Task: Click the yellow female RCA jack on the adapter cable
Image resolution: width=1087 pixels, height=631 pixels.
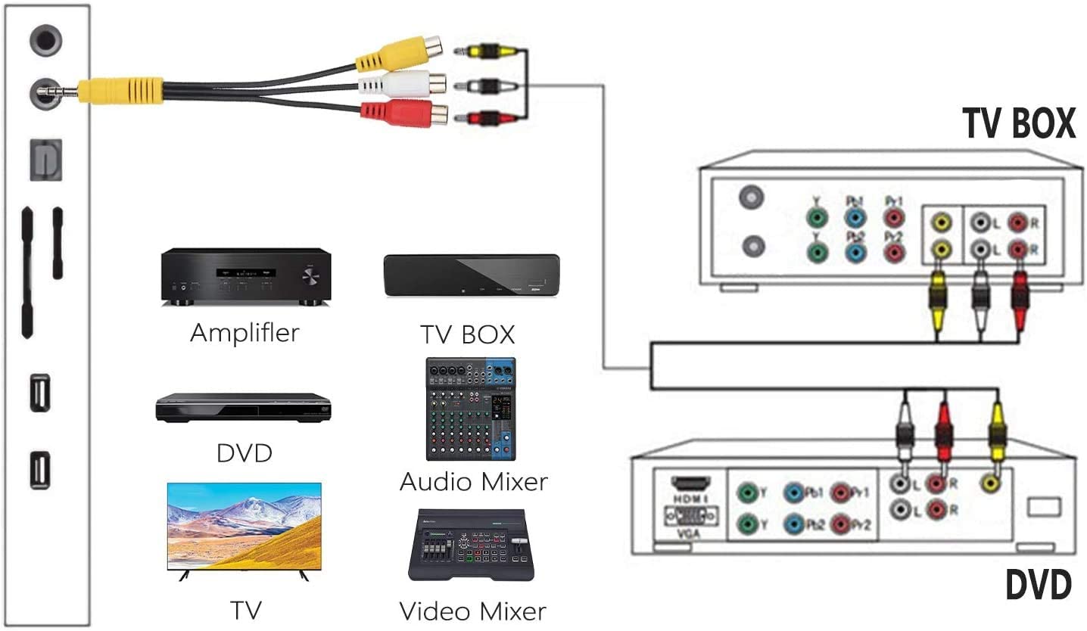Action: [400, 54]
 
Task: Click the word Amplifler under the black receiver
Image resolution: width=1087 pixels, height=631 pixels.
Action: [244, 332]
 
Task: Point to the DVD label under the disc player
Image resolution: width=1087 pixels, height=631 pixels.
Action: [244, 453]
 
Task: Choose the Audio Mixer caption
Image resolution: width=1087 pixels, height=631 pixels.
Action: [473, 481]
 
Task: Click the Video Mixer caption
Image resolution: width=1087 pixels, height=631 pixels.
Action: [472, 611]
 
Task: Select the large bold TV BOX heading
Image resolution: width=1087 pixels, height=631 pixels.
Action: [1018, 123]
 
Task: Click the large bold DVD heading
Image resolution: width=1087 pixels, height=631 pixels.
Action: [1038, 586]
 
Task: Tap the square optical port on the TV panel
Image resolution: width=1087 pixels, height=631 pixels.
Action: [45, 160]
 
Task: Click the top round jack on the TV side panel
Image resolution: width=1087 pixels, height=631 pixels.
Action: [45, 39]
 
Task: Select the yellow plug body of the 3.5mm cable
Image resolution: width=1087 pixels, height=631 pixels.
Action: [120, 91]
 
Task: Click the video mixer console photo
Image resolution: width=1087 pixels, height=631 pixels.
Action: [471, 546]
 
